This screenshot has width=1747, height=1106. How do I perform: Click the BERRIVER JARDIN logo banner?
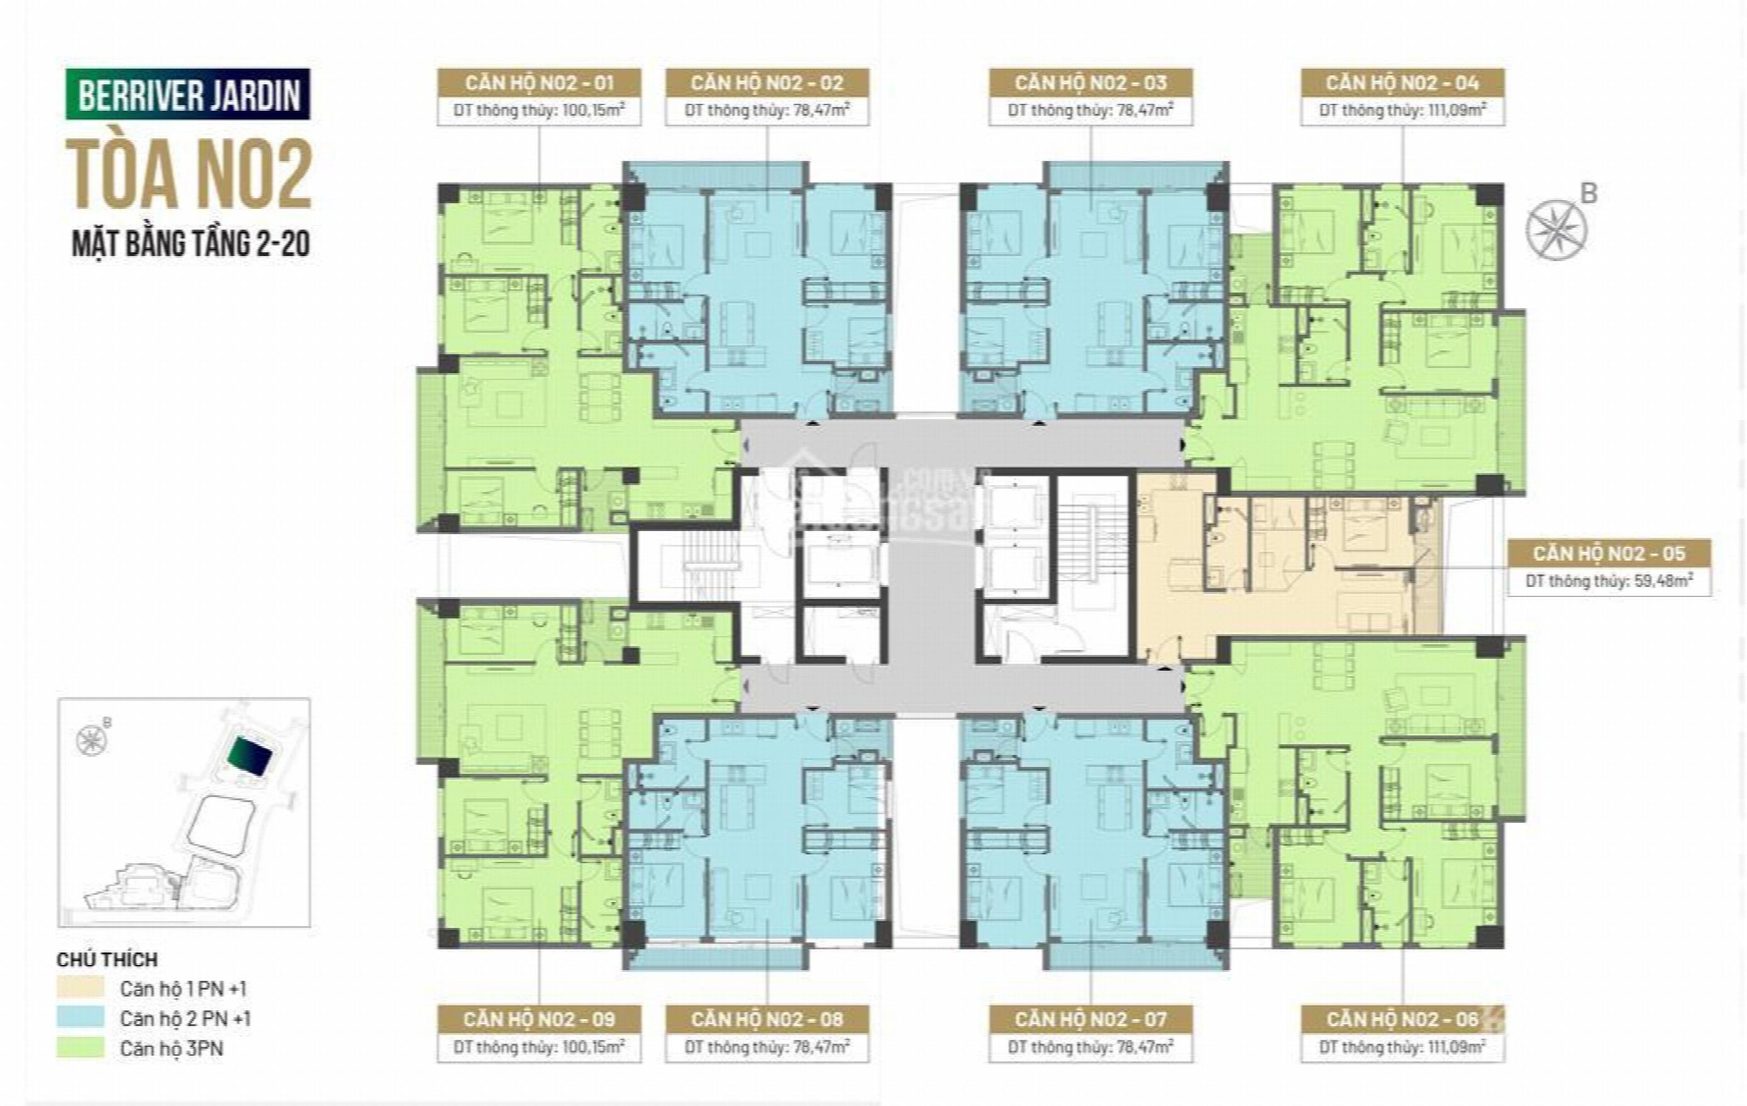click(x=188, y=94)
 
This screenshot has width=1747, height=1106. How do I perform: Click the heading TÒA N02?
click(x=189, y=175)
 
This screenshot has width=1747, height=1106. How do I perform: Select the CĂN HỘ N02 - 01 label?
click(x=539, y=83)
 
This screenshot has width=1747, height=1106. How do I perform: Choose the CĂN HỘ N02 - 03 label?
click(x=1090, y=83)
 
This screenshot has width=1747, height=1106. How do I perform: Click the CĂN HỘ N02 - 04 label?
click(x=1402, y=83)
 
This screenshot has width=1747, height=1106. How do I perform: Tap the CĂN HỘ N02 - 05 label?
click(x=1609, y=553)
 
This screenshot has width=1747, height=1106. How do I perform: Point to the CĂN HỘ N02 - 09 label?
click(x=539, y=1019)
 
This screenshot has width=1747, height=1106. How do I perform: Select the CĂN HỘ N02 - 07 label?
click(x=1090, y=1019)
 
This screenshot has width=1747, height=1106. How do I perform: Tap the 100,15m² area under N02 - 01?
click(x=591, y=110)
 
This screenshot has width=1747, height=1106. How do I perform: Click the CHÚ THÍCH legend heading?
click(x=108, y=959)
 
